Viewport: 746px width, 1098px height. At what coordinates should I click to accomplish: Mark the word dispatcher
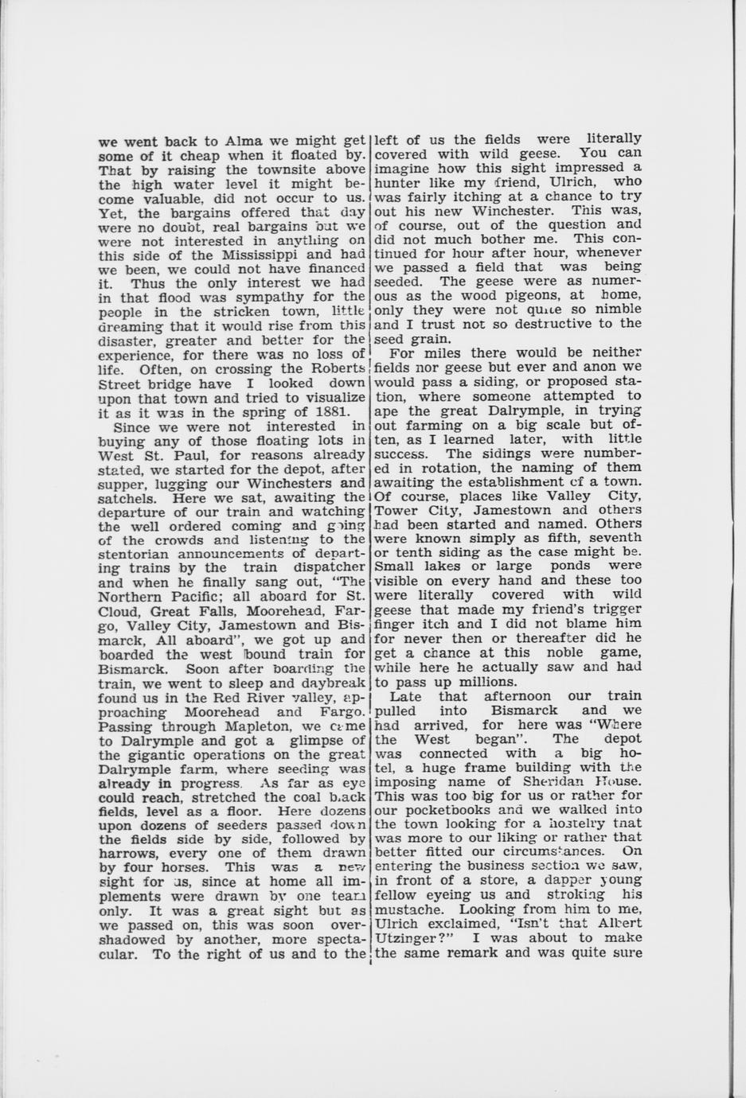[327, 567]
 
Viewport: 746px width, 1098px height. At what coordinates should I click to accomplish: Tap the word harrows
[131, 853]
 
